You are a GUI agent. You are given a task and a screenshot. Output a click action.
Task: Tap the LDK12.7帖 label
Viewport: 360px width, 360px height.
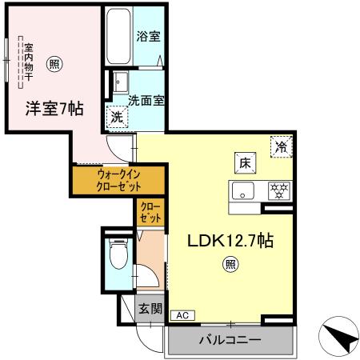tap(230, 239)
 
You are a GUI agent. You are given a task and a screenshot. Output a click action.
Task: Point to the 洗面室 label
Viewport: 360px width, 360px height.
tap(147, 101)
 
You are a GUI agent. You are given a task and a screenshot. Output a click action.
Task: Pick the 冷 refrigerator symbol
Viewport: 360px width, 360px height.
tap(282, 146)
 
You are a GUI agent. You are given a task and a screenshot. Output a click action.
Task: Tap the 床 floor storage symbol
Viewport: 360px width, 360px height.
tap(243, 161)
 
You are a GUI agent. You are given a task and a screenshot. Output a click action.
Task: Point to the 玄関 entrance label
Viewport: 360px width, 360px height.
tap(150, 309)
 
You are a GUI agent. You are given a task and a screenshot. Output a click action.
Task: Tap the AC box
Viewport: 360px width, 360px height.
tap(182, 316)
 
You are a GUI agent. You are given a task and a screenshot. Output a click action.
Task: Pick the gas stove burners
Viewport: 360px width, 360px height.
tap(279, 190)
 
